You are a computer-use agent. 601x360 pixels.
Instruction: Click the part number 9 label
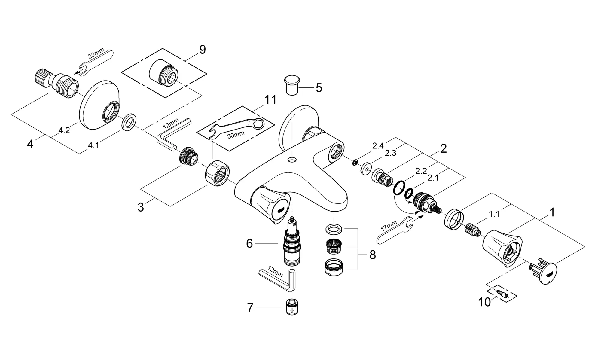pos(203,50)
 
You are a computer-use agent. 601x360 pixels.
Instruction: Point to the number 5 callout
pos(319,88)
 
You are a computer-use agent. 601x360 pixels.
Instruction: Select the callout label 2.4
pos(378,146)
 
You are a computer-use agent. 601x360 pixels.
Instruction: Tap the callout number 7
pos(250,307)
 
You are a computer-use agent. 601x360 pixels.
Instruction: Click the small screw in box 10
pos(502,293)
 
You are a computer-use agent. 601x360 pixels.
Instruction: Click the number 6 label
pos(249,243)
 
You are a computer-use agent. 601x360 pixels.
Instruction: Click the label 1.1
pos(494,214)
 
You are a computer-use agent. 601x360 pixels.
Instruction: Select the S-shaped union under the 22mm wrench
pos(56,85)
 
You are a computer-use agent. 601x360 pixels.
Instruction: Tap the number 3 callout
pos(141,207)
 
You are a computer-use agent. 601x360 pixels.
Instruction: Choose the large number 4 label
pos(30,145)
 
